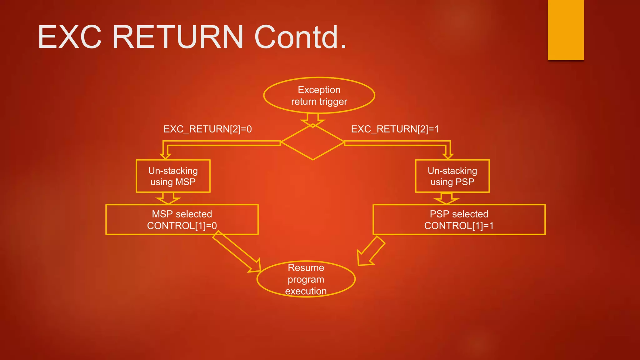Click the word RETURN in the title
[x=177, y=37]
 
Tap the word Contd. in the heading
[x=300, y=37]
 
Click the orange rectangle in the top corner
[x=566, y=30]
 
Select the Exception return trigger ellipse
[x=319, y=95]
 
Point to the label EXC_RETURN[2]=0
[x=207, y=129]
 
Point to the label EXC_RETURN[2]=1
[x=395, y=129]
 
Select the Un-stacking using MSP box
[x=173, y=176]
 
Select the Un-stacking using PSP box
[x=452, y=176]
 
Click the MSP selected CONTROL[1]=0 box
[x=182, y=220]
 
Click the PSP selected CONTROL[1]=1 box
[x=459, y=220]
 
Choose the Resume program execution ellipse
[x=306, y=279]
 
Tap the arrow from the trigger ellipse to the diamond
[x=313, y=120]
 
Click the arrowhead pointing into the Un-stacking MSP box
[x=165, y=156]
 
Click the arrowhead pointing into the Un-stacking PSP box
[x=448, y=156]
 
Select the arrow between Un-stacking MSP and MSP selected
[x=168, y=198]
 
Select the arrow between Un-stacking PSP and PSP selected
[x=447, y=198]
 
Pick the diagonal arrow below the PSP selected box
[x=370, y=252]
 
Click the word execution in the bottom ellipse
[x=306, y=291]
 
